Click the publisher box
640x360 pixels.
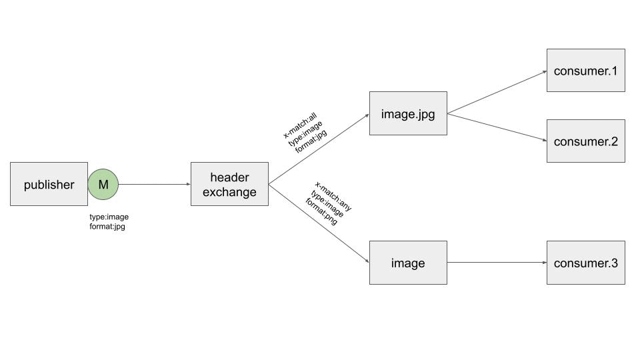[x=49, y=184]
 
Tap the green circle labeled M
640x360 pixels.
[x=103, y=184]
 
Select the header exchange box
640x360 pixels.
[x=229, y=184]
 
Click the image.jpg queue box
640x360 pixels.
[x=408, y=113]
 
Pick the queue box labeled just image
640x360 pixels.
[x=408, y=263]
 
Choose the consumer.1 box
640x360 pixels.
[x=585, y=70]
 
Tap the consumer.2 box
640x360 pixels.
[x=585, y=141]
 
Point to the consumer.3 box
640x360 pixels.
[x=585, y=263]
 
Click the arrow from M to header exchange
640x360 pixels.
[x=154, y=184]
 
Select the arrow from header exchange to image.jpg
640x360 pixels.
[x=319, y=149]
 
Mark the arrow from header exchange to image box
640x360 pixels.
[x=319, y=223]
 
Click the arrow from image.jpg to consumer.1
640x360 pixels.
[x=497, y=93]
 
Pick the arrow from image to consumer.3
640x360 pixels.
[x=497, y=263]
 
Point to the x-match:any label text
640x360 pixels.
[x=333, y=196]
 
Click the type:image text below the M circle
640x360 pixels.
[x=109, y=217]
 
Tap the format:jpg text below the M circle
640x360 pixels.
[x=107, y=227]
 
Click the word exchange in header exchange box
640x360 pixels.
[x=229, y=193]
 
